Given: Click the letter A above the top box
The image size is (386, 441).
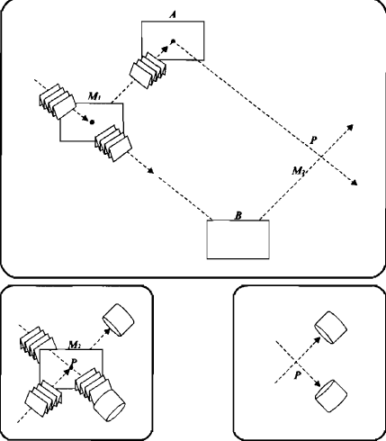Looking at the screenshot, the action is pos(173,15).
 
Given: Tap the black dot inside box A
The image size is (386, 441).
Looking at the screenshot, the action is pos(173,40).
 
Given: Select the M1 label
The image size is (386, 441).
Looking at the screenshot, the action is pos(94,96).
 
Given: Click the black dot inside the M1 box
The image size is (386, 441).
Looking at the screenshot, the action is pos(93,121).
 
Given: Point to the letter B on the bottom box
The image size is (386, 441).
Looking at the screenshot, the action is pos(238,215).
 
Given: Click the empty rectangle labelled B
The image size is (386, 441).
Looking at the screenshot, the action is pos(238,239).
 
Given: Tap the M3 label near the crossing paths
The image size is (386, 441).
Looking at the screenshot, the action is pos(299,171).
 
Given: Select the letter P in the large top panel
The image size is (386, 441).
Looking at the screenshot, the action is pos(313,140).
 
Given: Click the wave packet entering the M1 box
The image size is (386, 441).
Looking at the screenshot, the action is pos(58,102).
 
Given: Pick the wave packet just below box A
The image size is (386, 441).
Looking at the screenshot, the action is pos(148,70).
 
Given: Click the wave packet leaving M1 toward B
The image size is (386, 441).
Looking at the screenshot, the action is pos(113,143).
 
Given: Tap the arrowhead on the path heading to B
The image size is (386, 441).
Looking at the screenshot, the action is pos(150,170).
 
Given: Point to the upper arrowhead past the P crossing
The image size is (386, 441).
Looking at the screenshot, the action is pos(350,127).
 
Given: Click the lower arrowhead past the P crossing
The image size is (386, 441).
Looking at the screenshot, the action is pos(355,183).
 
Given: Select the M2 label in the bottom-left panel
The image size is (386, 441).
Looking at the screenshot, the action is pos(74,345).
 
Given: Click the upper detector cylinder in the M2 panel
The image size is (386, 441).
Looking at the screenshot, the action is pos(119,319).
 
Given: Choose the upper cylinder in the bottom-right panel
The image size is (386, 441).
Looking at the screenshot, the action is pos(331,328).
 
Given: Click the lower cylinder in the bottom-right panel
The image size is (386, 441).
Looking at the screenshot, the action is pos(331,395).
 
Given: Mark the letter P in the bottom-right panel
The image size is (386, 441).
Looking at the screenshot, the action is pos(297,375).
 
